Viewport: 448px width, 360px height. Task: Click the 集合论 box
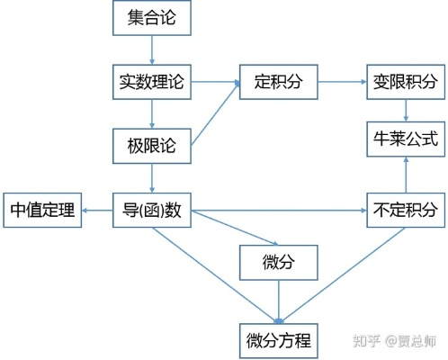[x=154, y=19]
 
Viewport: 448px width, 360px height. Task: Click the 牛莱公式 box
[x=405, y=139]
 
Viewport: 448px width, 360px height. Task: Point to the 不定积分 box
[x=405, y=211]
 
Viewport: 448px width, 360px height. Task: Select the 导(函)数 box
[x=152, y=211]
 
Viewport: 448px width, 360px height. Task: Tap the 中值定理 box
[x=40, y=211]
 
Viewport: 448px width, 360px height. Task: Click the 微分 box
[x=279, y=262]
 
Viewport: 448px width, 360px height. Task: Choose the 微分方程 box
[x=279, y=340]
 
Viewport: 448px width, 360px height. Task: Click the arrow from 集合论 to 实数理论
[x=154, y=50]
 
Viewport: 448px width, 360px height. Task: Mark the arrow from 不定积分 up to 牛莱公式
[x=407, y=175]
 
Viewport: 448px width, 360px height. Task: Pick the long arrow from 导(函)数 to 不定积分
[x=279, y=212]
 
